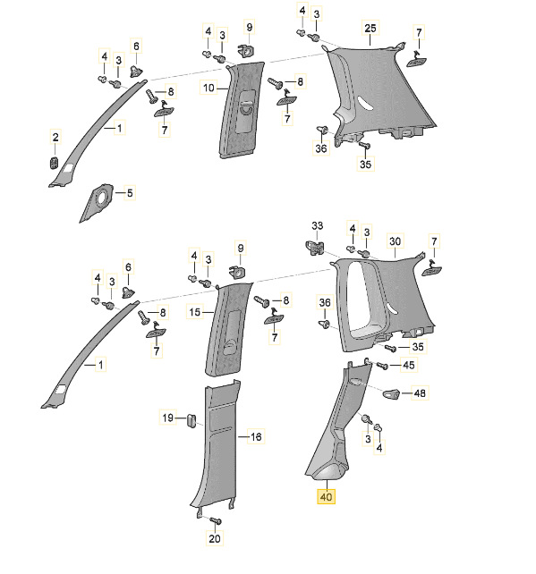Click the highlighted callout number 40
(x=326, y=497)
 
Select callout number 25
(x=370, y=29)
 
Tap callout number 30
(x=395, y=241)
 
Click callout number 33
(x=318, y=226)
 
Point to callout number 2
(x=55, y=138)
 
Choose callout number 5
(x=130, y=193)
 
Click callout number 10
(x=208, y=88)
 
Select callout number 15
(x=195, y=312)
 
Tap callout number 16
(x=256, y=436)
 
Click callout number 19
(x=167, y=418)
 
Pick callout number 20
(x=215, y=538)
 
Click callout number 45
(x=409, y=365)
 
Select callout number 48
(x=420, y=393)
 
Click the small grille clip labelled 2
(x=55, y=163)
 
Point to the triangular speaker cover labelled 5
(x=97, y=202)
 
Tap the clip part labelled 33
(x=315, y=248)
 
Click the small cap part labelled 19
(x=191, y=420)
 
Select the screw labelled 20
(x=216, y=520)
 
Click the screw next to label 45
(x=382, y=365)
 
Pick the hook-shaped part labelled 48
(x=392, y=393)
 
